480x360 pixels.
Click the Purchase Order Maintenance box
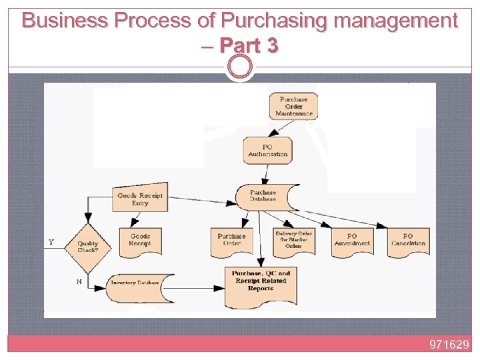click(x=293, y=106)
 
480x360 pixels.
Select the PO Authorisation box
click(x=267, y=151)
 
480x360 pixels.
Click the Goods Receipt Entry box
click(x=140, y=199)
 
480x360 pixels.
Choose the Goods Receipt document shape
click(x=140, y=240)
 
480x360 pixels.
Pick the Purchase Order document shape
click(x=231, y=240)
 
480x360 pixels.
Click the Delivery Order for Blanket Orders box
click(x=293, y=240)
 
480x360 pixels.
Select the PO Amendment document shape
click(x=352, y=240)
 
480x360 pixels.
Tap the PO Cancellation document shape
click(x=408, y=240)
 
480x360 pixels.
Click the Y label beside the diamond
click(x=52, y=242)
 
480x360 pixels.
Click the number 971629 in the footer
click(x=450, y=345)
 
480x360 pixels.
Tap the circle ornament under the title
click(x=240, y=67)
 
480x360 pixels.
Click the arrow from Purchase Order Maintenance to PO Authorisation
click(x=281, y=129)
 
